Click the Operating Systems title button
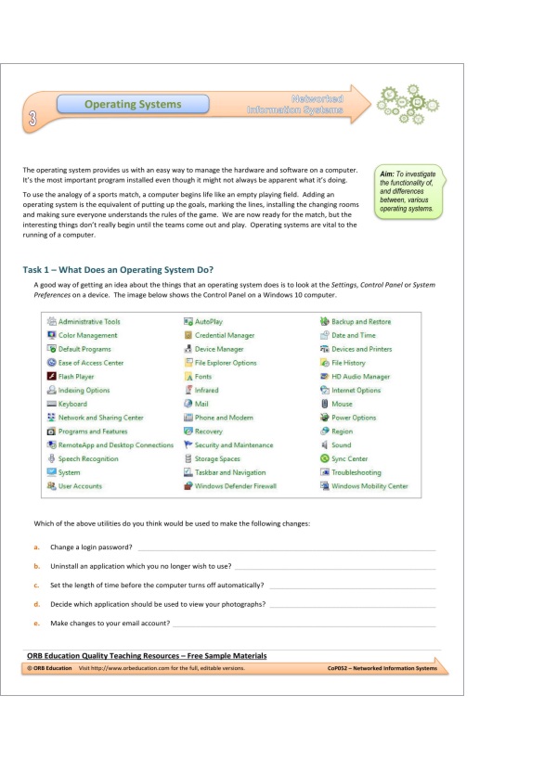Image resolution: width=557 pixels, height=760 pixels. coord(133,105)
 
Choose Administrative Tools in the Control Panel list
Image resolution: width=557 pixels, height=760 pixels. coord(88,322)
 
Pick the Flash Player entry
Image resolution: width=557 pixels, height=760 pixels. coord(75,377)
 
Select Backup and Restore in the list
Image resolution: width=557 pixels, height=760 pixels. coord(360,322)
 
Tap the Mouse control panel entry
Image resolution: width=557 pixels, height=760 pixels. coord(342,404)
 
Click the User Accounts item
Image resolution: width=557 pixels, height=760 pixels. coord(80,486)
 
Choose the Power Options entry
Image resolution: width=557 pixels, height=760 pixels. coord(353,418)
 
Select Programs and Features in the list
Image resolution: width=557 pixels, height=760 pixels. coord(92,432)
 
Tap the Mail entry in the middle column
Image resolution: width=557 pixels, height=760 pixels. coord(202,404)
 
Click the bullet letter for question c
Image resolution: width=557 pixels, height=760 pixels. coord(35,586)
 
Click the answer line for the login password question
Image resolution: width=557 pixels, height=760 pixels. coord(286,548)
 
